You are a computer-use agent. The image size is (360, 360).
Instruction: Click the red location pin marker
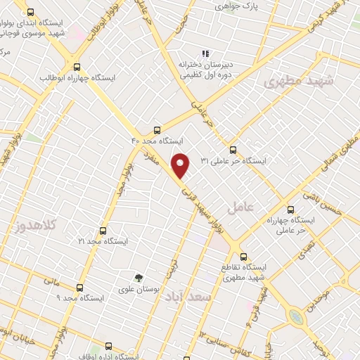click(181, 165)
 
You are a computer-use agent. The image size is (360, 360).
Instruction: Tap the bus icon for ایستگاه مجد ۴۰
click(156, 130)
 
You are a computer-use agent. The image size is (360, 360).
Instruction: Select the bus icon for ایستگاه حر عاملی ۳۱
click(233, 149)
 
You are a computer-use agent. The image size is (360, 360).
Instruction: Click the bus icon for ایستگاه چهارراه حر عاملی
click(291, 209)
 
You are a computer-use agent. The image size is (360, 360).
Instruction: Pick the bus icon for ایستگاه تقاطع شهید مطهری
click(243, 257)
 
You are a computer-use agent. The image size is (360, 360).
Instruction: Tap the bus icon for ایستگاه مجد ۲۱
click(103, 230)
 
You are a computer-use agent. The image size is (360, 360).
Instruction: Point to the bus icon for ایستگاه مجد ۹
click(79, 288)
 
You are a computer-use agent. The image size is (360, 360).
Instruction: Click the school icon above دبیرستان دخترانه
click(205, 53)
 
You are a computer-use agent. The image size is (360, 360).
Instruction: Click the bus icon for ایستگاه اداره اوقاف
click(108, 346)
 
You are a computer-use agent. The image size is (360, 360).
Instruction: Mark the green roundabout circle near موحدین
click(297, 317)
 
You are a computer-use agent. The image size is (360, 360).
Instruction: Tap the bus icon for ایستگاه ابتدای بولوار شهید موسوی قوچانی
click(30, 12)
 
